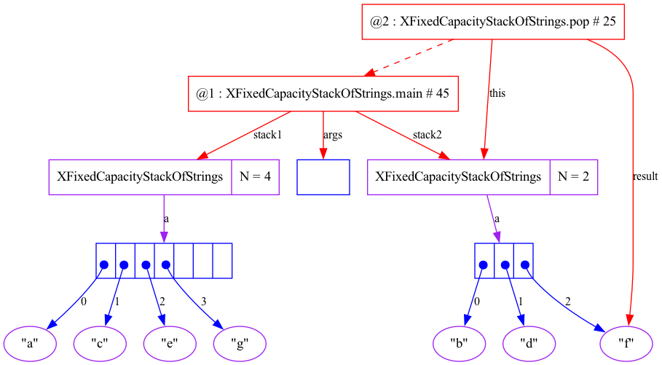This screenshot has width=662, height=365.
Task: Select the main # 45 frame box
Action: point(323,93)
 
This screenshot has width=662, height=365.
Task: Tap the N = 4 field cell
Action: point(255,177)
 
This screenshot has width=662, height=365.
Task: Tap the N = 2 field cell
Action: point(573,177)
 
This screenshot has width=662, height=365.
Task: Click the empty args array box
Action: point(323,177)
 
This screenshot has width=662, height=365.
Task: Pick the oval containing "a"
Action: point(31,342)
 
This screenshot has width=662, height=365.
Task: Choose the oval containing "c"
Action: point(99,342)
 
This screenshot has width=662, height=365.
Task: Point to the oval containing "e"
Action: point(169,342)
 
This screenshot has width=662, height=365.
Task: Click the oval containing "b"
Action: point(459,342)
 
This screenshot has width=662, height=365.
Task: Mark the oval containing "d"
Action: point(529,342)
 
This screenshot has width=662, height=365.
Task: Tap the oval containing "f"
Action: point(625,342)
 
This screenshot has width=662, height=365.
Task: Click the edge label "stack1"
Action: point(267,135)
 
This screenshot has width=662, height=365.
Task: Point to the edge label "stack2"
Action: point(427,135)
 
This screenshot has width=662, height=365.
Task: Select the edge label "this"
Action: point(497,93)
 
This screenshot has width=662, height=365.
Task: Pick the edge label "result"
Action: point(646,176)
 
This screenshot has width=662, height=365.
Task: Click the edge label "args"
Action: point(333,135)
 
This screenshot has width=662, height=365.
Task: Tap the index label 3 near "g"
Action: point(204,300)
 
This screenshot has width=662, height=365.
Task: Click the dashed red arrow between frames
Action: point(408,57)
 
